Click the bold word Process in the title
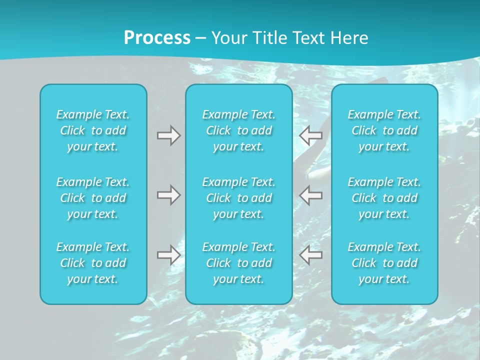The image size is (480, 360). (x=157, y=38)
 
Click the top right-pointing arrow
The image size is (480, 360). (x=168, y=135)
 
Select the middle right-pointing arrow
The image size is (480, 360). (x=168, y=195)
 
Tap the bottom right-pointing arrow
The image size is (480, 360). (x=168, y=255)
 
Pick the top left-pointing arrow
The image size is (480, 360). (x=311, y=135)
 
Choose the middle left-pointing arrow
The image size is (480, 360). (x=311, y=195)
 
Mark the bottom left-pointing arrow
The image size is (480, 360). (x=311, y=255)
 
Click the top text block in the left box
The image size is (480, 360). (x=93, y=130)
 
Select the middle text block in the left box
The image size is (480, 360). (x=93, y=198)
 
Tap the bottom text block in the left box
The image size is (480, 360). (x=93, y=263)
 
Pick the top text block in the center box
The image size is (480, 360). (x=239, y=130)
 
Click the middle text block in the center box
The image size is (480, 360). (x=239, y=198)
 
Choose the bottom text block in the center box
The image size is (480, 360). (x=239, y=263)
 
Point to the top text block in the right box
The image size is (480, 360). (x=384, y=130)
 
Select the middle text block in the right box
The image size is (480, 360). (x=384, y=198)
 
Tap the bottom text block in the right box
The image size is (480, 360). (x=384, y=263)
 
